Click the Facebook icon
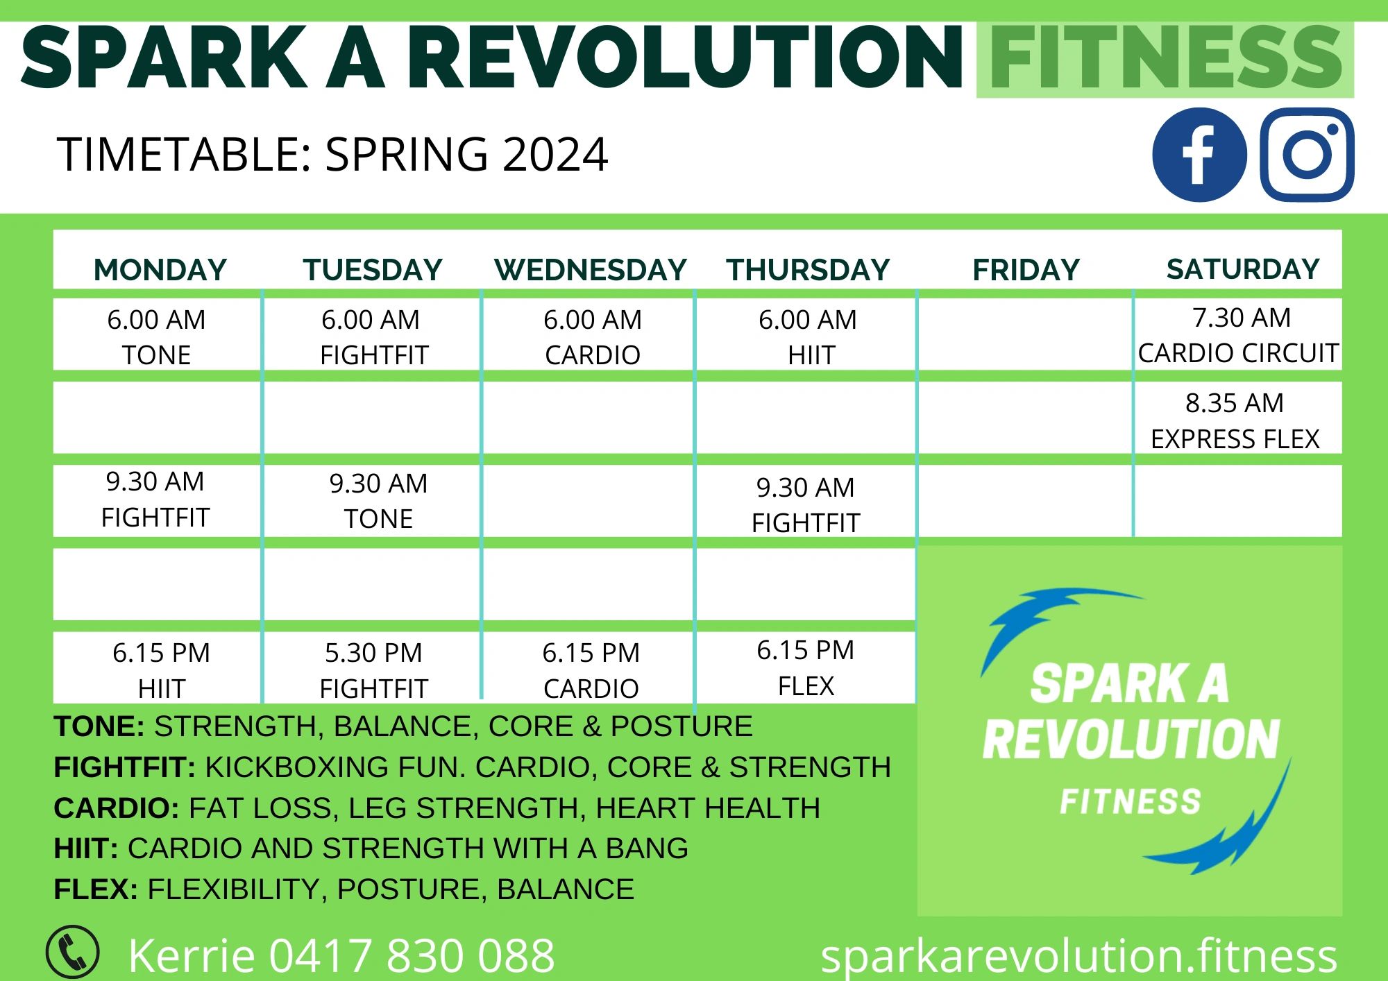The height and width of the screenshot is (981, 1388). (x=1199, y=155)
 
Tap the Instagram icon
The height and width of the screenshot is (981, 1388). (x=1307, y=155)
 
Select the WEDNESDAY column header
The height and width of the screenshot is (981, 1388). (x=591, y=269)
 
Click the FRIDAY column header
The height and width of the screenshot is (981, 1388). (x=1026, y=269)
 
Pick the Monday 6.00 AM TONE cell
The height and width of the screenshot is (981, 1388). (x=158, y=334)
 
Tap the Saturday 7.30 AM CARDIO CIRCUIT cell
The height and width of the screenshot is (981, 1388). (x=1238, y=334)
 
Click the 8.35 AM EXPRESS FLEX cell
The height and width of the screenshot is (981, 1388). (x=1238, y=418)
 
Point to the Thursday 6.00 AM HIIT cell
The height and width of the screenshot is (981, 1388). (x=806, y=334)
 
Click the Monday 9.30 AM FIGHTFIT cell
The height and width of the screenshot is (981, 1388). (x=158, y=501)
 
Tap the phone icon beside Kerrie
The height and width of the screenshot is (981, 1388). (x=72, y=952)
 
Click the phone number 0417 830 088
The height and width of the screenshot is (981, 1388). (x=412, y=955)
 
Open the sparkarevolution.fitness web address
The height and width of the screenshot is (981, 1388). (x=1078, y=956)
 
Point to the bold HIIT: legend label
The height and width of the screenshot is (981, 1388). (x=86, y=848)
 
